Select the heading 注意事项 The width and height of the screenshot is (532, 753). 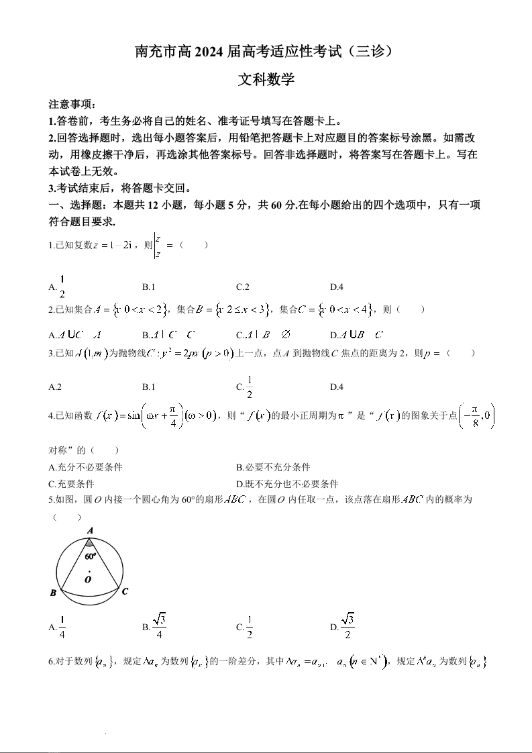[72, 105]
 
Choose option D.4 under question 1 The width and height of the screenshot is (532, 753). [336, 287]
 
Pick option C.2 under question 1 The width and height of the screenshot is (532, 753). [242, 287]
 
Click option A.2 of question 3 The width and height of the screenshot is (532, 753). [55, 387]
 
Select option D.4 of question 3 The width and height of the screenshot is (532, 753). [336, 387]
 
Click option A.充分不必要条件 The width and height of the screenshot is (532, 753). [85, 467]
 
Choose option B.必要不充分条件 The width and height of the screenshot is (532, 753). [273, 467]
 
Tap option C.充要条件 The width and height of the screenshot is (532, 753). [71, 483]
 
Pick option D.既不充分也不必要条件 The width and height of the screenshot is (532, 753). [287, 483]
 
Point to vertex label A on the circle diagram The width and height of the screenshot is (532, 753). [90, 530]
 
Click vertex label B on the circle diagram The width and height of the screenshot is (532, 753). [53, 593]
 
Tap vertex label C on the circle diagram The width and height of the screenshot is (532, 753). [125, 591]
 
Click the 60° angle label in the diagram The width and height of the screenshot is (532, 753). [91, 556]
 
